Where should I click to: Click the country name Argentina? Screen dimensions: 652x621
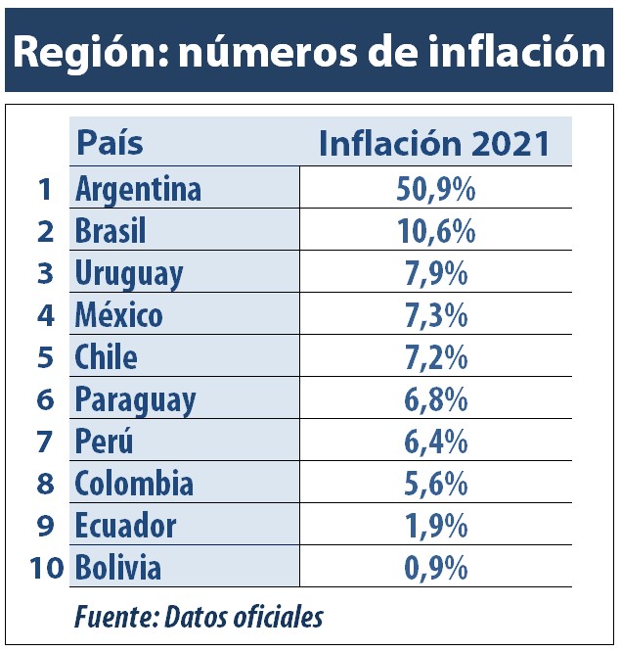tap(138, 188)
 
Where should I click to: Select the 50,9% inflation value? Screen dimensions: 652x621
tap(436, 188)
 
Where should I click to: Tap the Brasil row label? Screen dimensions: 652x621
tap(111, 231)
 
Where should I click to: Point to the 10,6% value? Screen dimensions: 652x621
tap(436, 231)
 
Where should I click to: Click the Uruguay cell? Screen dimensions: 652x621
tap(129, 273)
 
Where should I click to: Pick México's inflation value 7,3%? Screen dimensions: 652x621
tap(436, 315)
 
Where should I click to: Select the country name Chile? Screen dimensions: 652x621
tap(106, 357)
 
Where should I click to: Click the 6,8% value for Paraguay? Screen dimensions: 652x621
tap(436, 399)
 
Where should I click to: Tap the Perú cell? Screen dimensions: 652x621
tap(104, 442)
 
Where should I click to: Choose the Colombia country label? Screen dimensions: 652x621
tap(134, 484)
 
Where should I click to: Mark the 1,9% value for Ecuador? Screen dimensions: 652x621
tap(436, 526)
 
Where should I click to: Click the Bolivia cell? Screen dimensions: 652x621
tap(118, 568)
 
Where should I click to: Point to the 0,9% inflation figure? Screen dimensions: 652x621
tap(436, 568)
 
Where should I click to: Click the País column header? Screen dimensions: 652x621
tap(110, 143)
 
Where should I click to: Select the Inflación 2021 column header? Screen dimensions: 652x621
tap(434, 143)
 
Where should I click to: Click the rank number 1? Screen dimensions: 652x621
tap(43, 189)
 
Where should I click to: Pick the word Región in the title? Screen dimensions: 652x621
tap(81, 52)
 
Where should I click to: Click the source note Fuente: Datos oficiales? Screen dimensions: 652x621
tap(199, 618)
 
